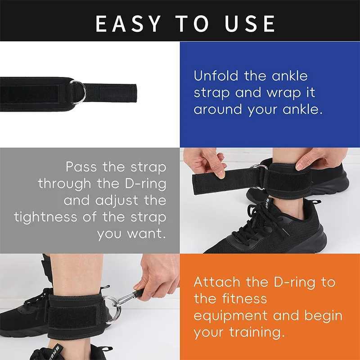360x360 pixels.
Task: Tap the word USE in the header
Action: click(249, 23)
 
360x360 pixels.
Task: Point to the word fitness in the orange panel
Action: click(245, 299)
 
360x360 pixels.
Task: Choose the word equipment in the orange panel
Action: click(235, 315)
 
